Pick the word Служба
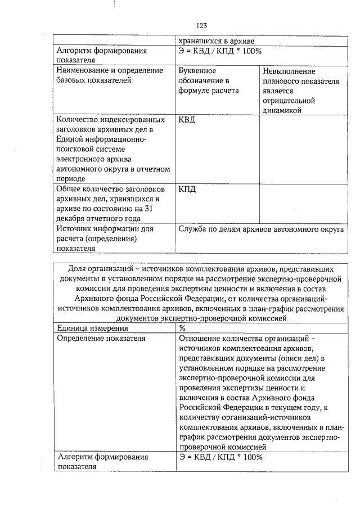click(x=192, y=229)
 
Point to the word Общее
click(x=70, y=189)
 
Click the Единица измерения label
click(x=92, y=328)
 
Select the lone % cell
click(x=182, y=328)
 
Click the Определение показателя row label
click(x=101, y=338)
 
